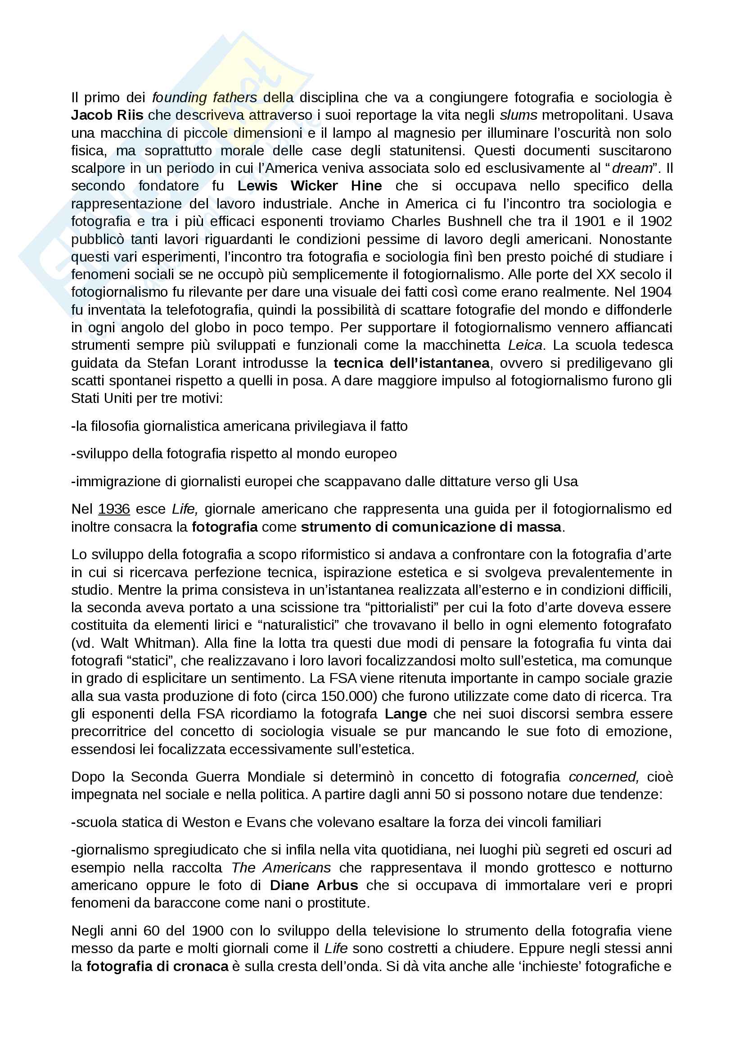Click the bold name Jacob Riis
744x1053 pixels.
pos(107,115)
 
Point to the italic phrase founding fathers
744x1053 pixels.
pos(204,97)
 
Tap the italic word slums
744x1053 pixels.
pos(518,115)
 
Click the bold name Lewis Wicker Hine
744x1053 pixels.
pos(309,186)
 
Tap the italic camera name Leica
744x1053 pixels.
pos(525,345)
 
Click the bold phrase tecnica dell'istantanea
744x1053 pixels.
pos(411,363)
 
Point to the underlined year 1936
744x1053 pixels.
pos(114,509)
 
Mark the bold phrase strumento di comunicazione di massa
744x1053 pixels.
pos(431,527)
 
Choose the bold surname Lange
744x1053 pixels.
pos(406,714)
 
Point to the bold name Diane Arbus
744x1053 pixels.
pos(314,886)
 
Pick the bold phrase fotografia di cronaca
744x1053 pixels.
pos(157,966)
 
